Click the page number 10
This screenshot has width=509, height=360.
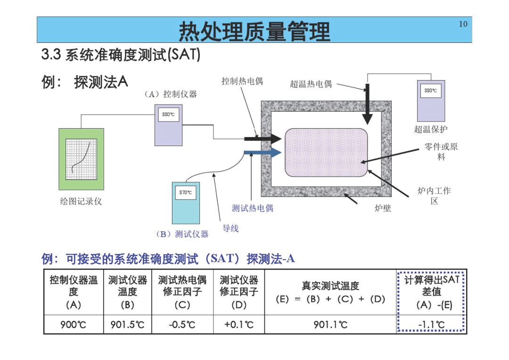click(463, 24)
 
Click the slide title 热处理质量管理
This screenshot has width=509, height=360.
click(254, 32)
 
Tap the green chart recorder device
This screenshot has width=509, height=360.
click(81, 159)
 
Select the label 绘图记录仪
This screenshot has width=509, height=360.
click(81, 201)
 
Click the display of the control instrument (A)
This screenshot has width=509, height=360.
click(168, 115)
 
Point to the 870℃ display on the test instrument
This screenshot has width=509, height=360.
click(186, 192)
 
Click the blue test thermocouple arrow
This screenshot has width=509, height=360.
click(263, 152)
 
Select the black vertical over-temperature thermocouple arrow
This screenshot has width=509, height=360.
click(368, 104)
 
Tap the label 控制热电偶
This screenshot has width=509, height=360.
click(242, 81)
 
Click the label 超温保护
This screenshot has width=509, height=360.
click(431, 129)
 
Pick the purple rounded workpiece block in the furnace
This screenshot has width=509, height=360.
click(326, 153)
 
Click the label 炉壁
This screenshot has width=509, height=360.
click(383, 208)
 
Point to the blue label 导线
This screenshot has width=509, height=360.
click(230, 228)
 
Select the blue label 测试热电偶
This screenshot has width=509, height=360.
click(253, 208)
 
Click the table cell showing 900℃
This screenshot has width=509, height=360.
click(74, 325)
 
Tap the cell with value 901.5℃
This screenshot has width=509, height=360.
click(127, 325)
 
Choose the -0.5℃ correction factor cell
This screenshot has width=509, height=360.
click(182, 325)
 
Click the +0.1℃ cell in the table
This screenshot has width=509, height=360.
click(239, 325)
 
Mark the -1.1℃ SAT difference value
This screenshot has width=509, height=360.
click(431, 325)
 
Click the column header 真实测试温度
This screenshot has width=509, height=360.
click(330, 286)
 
